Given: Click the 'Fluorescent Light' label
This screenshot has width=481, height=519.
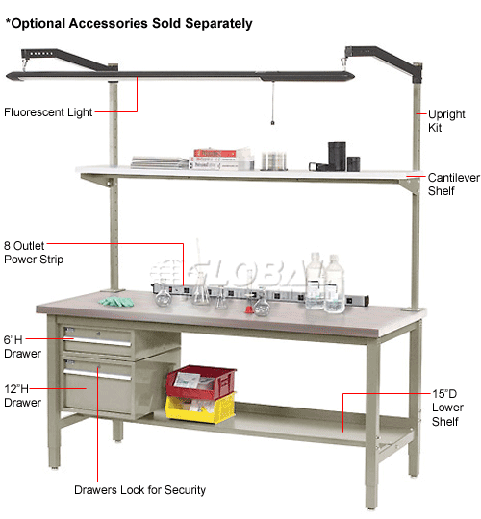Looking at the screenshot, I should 48,112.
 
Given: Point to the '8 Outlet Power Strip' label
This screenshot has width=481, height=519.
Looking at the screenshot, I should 33,253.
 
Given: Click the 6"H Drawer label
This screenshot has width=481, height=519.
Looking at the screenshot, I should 21,347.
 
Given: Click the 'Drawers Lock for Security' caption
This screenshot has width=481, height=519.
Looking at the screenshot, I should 140,490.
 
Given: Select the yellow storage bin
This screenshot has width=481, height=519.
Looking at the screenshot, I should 199,408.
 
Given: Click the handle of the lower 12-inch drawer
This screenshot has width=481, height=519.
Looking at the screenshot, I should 96,371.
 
